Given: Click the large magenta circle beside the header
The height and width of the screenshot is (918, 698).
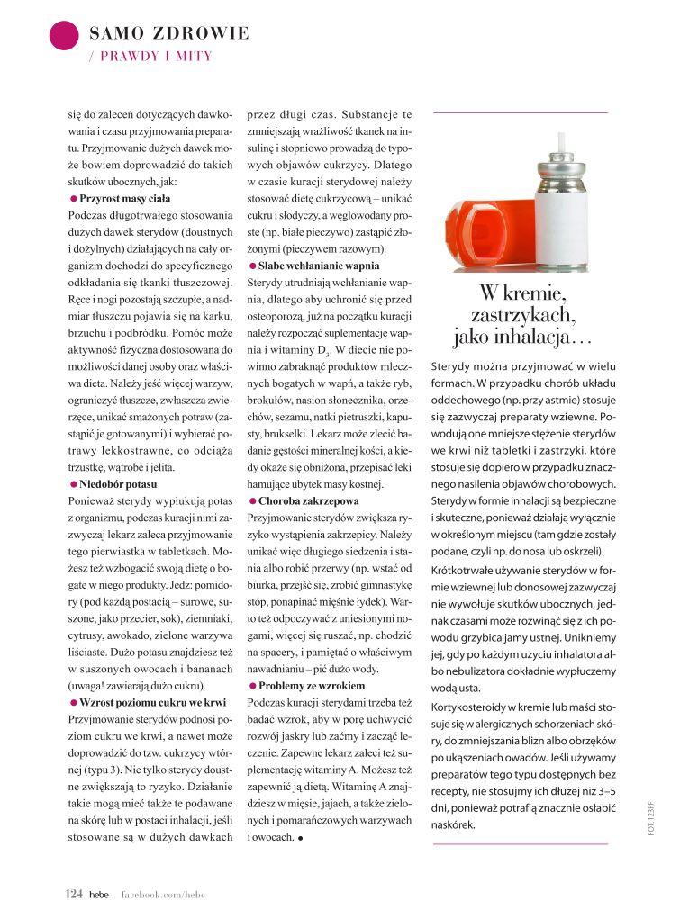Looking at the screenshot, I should [x=64, y=35].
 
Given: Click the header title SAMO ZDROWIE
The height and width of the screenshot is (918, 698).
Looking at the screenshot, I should [x=169, y=34].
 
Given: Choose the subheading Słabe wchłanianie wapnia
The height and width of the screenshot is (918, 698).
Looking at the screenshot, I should [x=318, y=265].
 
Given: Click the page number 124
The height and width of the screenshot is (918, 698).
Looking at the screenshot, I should [x=74, y=894].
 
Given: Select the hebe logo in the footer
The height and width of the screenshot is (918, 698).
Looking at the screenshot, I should [x=97, y=894].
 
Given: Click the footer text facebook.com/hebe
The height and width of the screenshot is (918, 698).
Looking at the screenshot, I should [x=163, y=894].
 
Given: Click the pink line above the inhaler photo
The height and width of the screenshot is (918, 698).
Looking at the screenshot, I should [x=521, y=112].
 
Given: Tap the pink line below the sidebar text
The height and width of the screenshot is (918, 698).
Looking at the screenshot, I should [x=521, y=843].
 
